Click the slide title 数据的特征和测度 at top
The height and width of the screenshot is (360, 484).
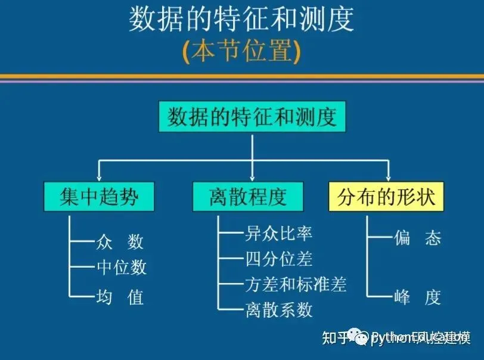[x=241, y=19]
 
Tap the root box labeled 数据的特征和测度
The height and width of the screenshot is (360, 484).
[x=252, y=116]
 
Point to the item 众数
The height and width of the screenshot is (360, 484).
[x=119, y=241]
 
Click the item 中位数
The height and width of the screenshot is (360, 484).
[x=121, y=268]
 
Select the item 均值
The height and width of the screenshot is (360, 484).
[x=119, y=296]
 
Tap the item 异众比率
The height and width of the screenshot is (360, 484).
[x=278, y=232]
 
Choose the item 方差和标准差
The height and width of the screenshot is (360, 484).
[x=296, y=284]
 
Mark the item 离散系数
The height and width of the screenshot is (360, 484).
[x=278, y=309]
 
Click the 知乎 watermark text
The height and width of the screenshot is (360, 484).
[x=334, y=338]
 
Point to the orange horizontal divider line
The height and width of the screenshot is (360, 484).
[x=241, y=77]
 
